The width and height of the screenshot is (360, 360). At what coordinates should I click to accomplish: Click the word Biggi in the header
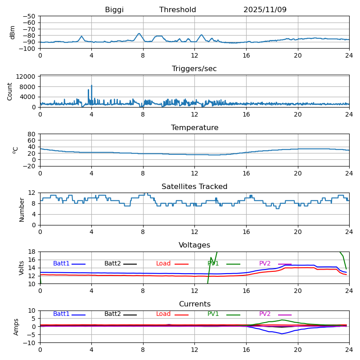[x=114, y=10]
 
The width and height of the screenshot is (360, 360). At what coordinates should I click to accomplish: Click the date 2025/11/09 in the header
[x=265, y=10]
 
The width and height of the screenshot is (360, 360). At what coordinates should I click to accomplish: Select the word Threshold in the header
[x=178, y=10]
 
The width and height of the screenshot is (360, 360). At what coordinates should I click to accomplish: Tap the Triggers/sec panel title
[x=194, y=69]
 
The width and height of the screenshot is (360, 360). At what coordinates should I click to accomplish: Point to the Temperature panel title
[x=194, y=128]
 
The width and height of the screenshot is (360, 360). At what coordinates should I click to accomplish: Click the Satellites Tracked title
[x=194, y=187]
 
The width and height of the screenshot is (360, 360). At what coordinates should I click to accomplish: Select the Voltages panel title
[x=194, y=245]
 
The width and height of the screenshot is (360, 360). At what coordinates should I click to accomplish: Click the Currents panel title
[x=194, y=304]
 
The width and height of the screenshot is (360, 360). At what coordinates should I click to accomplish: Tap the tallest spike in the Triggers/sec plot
[x=92, y=85]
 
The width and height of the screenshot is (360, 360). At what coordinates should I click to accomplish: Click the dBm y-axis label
[x=13, y=32]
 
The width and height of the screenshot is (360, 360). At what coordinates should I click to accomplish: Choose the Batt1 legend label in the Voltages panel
[x=61, y=264]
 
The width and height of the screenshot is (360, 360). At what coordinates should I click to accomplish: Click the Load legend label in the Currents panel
[x=164, y=314]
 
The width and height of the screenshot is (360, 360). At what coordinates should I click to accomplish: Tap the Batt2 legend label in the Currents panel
[x=112, y=314]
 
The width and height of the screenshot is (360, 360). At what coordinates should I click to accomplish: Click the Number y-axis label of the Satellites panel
[x=22, y=209]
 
